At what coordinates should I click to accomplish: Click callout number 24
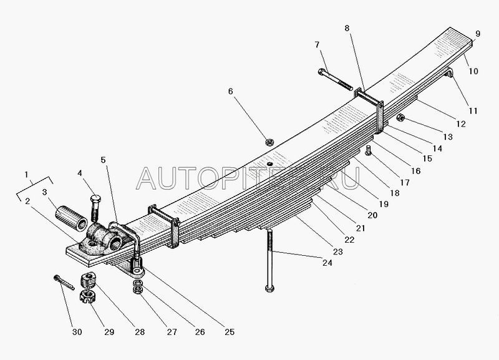(x=327, y=263)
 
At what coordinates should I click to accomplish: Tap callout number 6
(x=230, y=91)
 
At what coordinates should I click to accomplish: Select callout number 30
(x=77, y=332)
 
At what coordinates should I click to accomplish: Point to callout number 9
(x=478, y=34)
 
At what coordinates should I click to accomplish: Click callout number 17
(x=405, y=183)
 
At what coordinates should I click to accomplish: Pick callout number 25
(x=230, y=332)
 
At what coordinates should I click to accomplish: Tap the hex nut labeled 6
(x=270, y=142)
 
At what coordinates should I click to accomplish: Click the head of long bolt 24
(x=269, y=289)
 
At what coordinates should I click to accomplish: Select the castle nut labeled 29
(x=87, y=297)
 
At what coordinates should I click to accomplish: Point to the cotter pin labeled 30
(x=64, y=283)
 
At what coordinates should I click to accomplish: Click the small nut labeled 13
(x=400, y=118)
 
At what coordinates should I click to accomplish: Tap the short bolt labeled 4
(x=95, y=208)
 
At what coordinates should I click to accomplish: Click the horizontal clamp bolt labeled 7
(x=335, y=79)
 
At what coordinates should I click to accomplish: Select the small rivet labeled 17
(x=369, y=150)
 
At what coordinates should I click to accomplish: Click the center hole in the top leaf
(x=270, y=164)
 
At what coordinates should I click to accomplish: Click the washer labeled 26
(x=138, y=283)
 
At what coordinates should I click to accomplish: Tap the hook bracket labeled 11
(x=448, y=72)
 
